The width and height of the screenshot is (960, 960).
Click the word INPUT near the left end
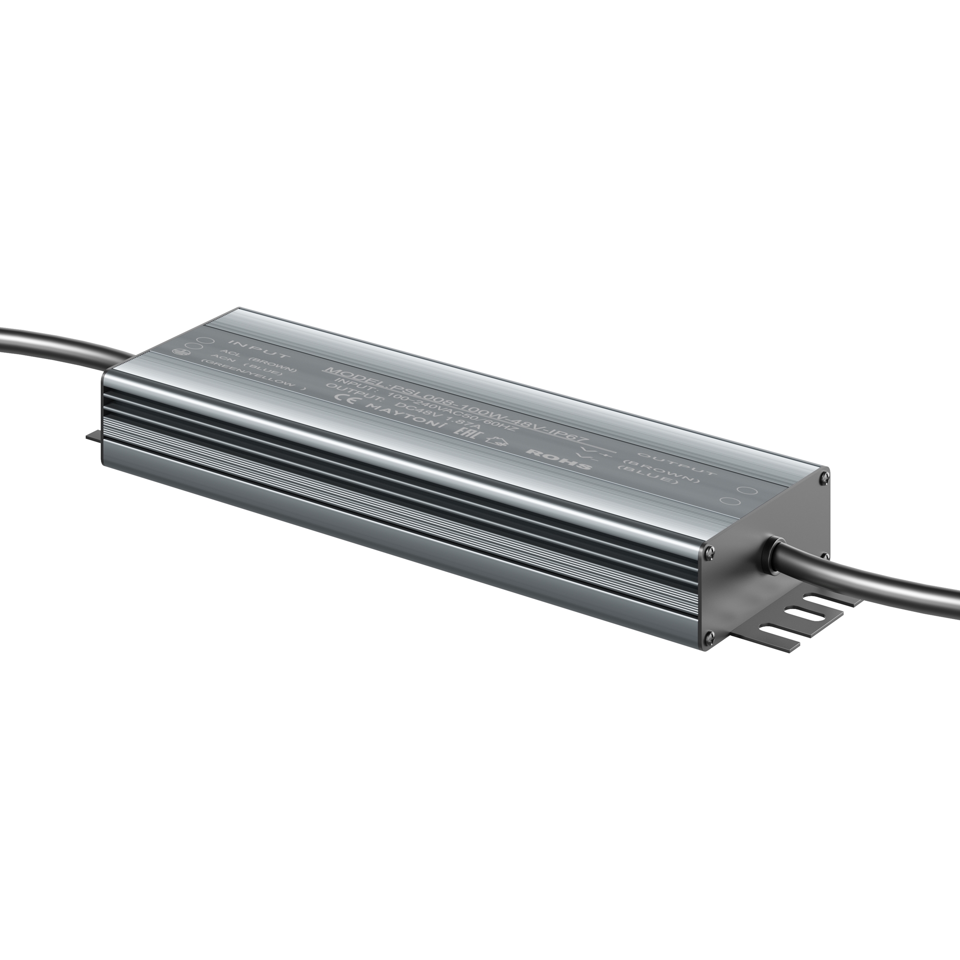[x=258, y=348]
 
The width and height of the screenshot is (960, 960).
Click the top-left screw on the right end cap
[x=709, y=550]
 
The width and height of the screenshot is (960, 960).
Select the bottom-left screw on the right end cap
[x=709, y=635]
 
